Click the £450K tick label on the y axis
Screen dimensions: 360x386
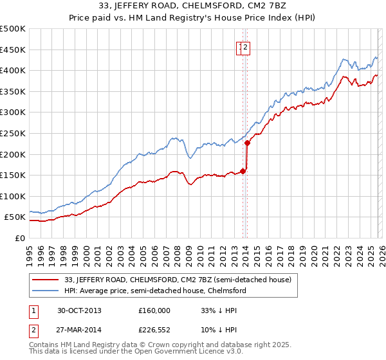[x=13, y=50]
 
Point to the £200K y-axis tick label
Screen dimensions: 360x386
[x=13, y=154]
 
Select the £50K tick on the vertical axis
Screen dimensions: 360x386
[x=15, y=217]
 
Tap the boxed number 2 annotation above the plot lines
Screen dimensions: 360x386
[x=246, y=46]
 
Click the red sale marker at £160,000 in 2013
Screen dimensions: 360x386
[x=243, y=171]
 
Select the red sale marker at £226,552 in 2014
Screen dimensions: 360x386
[x=247, y=143]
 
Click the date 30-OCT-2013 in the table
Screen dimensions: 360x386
[x=79, y=310]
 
